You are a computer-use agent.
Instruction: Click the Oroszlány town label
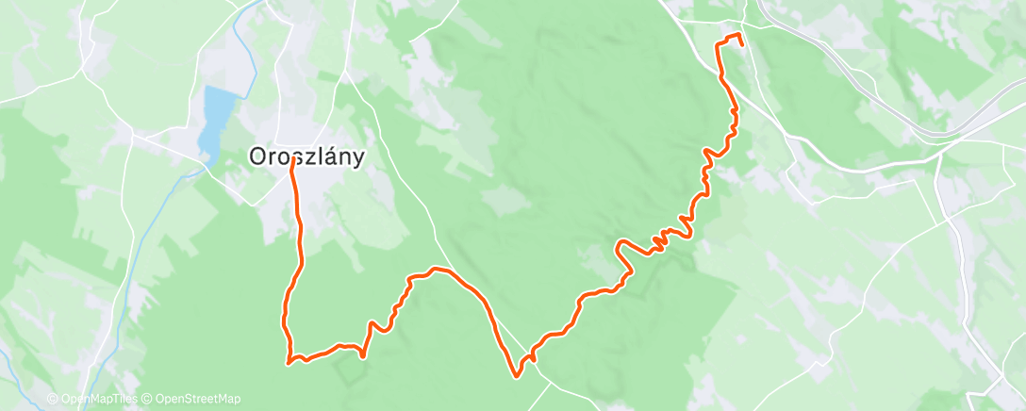(306, 157)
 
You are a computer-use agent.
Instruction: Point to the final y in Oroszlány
(356, 160)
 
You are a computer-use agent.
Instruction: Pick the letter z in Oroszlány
(307, 158)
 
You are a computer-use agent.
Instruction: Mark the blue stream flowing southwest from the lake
(165, 203)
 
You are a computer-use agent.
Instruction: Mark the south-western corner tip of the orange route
(288, 362)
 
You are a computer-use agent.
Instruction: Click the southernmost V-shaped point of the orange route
(517, 376)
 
